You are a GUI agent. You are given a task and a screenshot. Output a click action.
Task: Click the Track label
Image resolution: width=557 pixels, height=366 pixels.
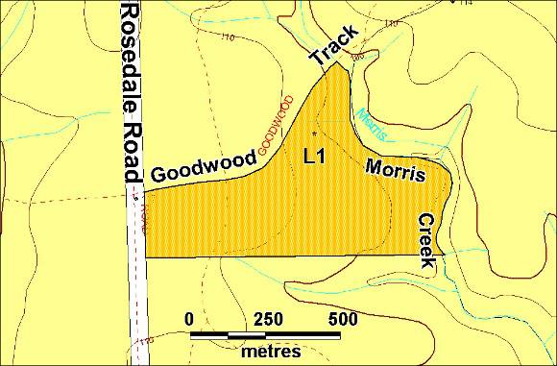[x=333, y=44]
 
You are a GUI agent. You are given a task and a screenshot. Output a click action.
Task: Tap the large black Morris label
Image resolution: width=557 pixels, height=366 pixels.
[x=395, y=169]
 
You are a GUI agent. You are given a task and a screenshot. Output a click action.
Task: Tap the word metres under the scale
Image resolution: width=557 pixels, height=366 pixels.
[x=271, y=351]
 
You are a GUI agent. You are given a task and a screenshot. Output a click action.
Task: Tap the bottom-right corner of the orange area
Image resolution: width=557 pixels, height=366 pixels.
[x=443, y=255]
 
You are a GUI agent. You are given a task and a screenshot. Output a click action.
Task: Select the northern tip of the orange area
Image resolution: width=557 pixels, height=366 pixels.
[x=335, y=64]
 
